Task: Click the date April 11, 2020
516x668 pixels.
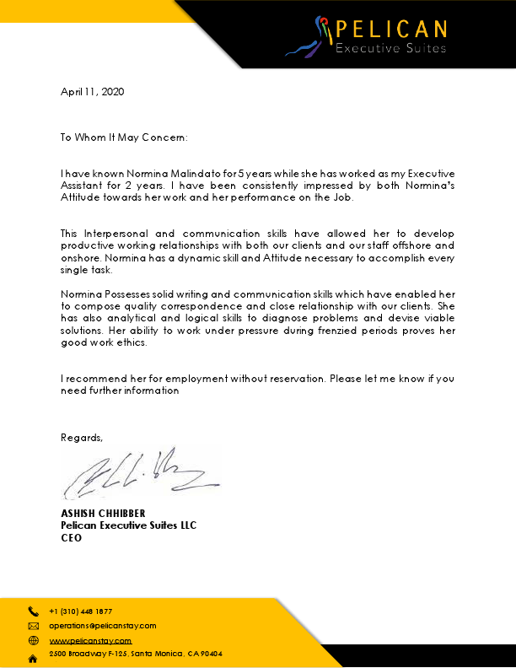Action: tap(92, 92)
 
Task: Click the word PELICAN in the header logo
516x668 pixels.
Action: tap(391, 30)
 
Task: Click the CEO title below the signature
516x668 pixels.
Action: tap(71, 536)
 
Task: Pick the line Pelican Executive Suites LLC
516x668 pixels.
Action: tap(128, 525)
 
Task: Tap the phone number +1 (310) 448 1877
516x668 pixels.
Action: tap(81, 611)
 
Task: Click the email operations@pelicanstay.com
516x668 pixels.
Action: tap(103, 626)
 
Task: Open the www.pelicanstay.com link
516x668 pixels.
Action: tap(90, 641)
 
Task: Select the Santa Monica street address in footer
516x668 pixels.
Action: tap(135, 655)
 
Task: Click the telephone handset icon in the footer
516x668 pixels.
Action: tap(34, 611)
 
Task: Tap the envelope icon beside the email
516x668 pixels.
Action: tap(34, 627)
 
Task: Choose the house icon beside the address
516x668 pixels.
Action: tap(34, 657)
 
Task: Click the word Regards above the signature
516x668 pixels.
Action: tap(82, 437)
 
